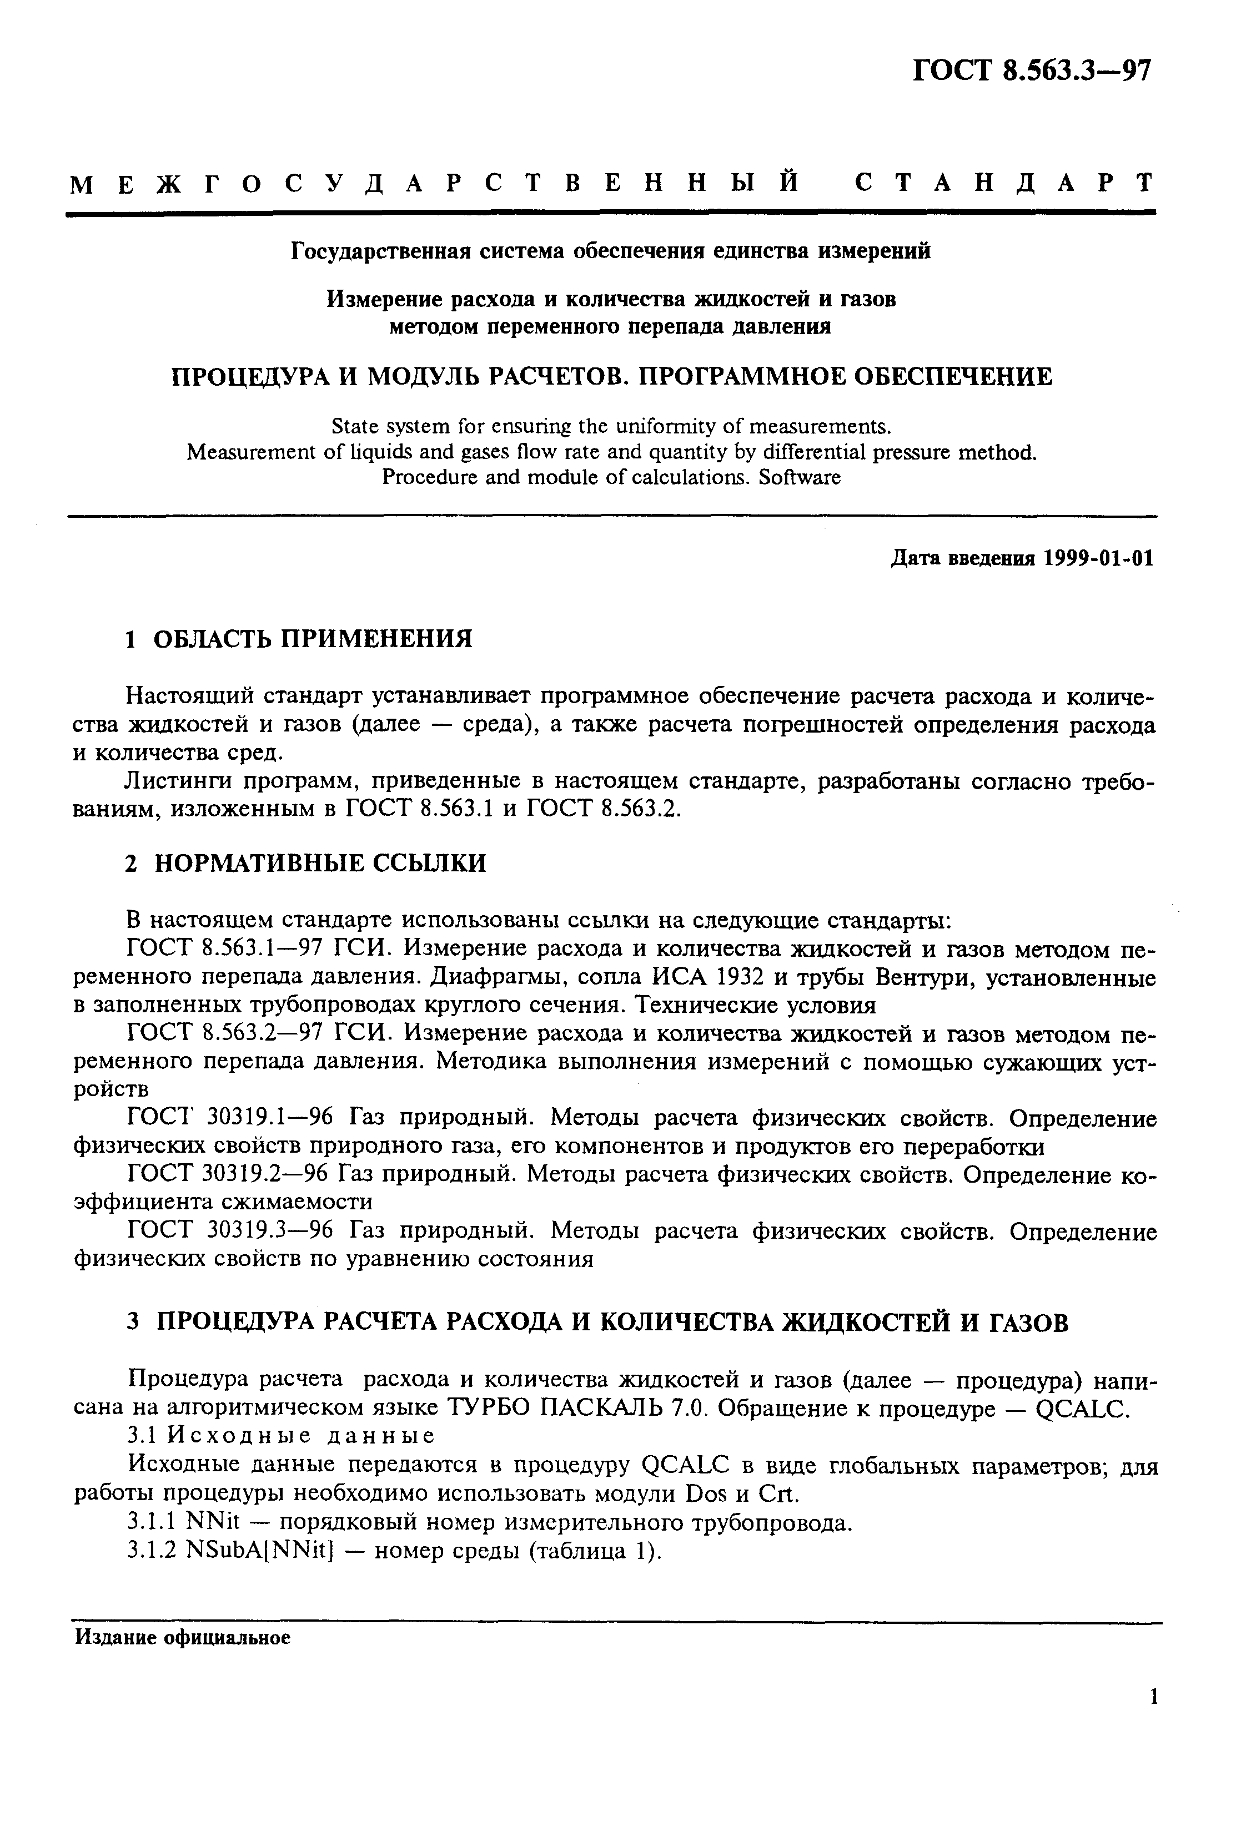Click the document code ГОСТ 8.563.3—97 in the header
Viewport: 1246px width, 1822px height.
pyautogui.click(x=1033, y=72)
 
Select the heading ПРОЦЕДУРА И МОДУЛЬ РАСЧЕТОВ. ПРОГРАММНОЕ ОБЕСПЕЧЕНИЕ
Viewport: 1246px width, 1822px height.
pyautogui.click(x=612, y=377)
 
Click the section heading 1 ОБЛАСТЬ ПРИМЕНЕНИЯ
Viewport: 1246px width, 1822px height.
pyautogui.click(x=299, y=639)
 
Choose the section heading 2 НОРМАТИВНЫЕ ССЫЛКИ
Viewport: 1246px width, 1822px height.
pyautogui.click(x=306, y=863)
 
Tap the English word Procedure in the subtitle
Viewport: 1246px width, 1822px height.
pyautogui.click(x=418, y=477)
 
